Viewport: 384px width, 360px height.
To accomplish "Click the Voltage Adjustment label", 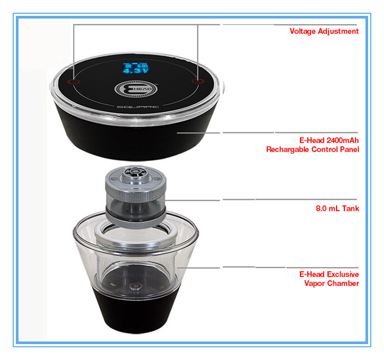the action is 324,31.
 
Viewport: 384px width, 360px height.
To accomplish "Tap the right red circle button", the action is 198,81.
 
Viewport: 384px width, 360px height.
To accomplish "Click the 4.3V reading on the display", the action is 136,71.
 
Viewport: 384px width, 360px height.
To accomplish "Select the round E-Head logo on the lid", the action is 136,88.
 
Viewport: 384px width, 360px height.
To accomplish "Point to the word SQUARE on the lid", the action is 138,107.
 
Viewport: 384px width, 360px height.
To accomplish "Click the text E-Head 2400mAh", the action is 329,140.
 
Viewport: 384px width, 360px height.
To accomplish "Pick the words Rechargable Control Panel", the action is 313,149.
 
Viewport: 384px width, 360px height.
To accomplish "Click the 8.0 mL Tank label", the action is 337,209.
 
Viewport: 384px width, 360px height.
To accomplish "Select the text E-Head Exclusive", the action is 329,274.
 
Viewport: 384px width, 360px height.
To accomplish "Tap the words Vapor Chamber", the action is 332,283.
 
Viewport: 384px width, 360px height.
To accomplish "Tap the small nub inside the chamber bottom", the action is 134,287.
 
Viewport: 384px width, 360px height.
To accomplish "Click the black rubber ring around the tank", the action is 135,214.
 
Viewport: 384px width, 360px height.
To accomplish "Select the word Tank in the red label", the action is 351,209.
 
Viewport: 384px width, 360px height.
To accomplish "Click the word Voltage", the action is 303,31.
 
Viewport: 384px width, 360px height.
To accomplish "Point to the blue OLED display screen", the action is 136,68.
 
